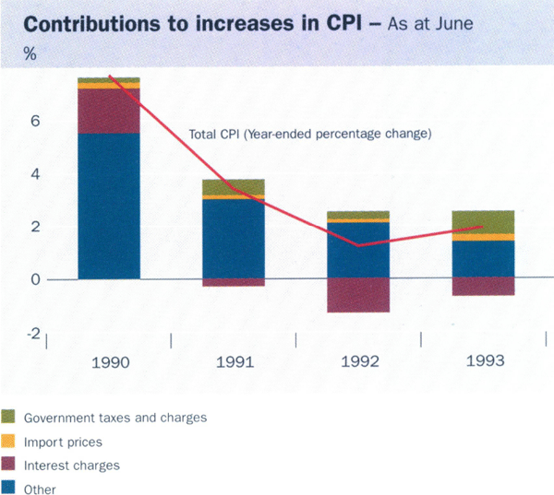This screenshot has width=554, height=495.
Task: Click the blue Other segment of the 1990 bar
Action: tap(109, 206)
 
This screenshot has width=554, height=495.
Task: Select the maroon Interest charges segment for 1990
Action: tap(109, 111)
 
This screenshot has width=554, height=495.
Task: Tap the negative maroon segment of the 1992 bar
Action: tap(358, 295)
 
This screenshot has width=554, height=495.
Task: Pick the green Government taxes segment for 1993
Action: tap(484, 221)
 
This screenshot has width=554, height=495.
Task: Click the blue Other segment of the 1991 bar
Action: tap(234, 239)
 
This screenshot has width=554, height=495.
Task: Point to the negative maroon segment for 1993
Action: tap(484, 287)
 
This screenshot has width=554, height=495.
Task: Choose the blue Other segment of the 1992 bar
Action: tap(358, 250)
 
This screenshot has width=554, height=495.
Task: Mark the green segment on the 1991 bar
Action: tap(234, 187)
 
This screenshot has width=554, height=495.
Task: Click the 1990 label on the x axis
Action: tap(110, 361)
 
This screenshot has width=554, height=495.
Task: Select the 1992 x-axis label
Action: tap(359, 361)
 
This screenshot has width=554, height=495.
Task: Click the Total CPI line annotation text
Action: tap(310, 134)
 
